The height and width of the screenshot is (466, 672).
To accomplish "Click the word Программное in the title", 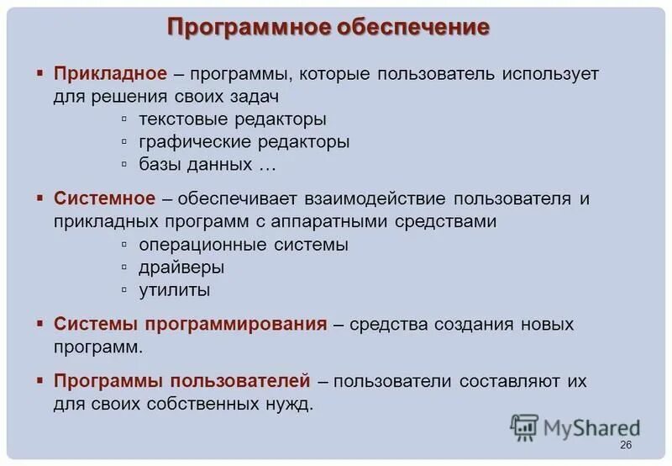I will tap(248, 27).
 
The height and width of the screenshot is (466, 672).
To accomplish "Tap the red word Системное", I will tap(105, 199).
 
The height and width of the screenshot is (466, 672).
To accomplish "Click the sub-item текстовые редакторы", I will tap(233, 119).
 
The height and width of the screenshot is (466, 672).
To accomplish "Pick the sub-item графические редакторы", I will tap(244, 142).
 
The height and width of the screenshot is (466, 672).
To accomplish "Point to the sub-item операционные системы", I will tap(244, 246).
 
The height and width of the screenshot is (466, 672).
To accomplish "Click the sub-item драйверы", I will tap(181, 268).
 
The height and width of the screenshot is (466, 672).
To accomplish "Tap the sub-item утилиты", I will tap(175, 291).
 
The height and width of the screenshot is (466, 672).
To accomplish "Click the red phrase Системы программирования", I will tap(190, 324).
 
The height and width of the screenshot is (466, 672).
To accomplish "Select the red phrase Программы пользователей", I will tap(182, 381).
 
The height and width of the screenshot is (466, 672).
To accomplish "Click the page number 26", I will tap(624, 445).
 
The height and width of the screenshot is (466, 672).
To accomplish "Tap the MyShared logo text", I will tap(591, 428).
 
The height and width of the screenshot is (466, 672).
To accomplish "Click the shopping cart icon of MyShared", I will tap(524, 427).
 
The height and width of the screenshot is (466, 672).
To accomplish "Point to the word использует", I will tap(551, 74).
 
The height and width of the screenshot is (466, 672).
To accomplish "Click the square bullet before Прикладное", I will tap(39, 74).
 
